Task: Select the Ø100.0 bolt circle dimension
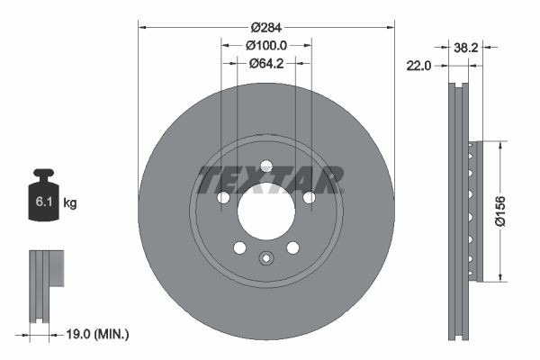[x=265, y=45]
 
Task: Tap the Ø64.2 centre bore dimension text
[x=265, y=63]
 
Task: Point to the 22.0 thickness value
[x=420, y=65]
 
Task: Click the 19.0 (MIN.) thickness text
[x=98, y=334]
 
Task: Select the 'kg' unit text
[x=70, y=203]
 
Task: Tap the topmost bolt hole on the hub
[x=265, y=166]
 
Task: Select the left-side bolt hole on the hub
[x=222, y=198]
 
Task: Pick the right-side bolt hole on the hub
[x=309, y=198]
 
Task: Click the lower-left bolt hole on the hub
[x=239, y=247]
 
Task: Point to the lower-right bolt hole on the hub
[x=292, y=247]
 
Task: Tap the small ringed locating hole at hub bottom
[x=265, y=260]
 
